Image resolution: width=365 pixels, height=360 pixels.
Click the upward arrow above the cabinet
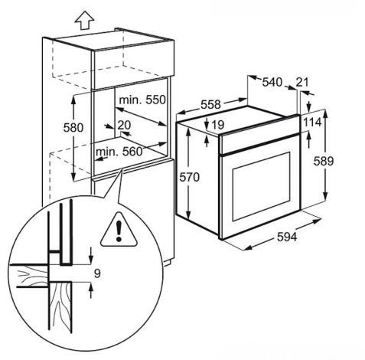point(85,21)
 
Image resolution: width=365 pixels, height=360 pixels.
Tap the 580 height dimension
point(73,127)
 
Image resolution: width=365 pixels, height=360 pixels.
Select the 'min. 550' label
point(142,100)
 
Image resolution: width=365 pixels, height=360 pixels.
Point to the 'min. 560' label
point(119,152)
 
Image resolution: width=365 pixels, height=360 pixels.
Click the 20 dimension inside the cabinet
point(124,125)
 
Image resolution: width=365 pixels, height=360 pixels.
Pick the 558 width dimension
point(210,105)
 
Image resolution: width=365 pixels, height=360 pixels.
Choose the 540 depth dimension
point(272,82)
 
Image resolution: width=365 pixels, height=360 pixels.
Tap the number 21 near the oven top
point(302,82)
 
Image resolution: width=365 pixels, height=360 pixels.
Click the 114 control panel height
point(312,123)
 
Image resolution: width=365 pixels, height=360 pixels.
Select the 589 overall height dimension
point(324,161)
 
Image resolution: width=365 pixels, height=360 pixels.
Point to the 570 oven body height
point(189,177)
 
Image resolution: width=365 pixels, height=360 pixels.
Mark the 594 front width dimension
point(287,237)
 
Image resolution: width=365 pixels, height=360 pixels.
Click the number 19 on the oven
point(218,125)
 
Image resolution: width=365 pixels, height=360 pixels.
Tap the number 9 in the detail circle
point(97,273)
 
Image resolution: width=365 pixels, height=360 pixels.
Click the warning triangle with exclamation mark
point(119,230)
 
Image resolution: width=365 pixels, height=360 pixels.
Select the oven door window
point(261,186)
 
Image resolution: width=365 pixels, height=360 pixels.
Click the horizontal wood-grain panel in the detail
point(28,276)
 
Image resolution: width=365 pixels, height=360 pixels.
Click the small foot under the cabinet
point(168,263)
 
